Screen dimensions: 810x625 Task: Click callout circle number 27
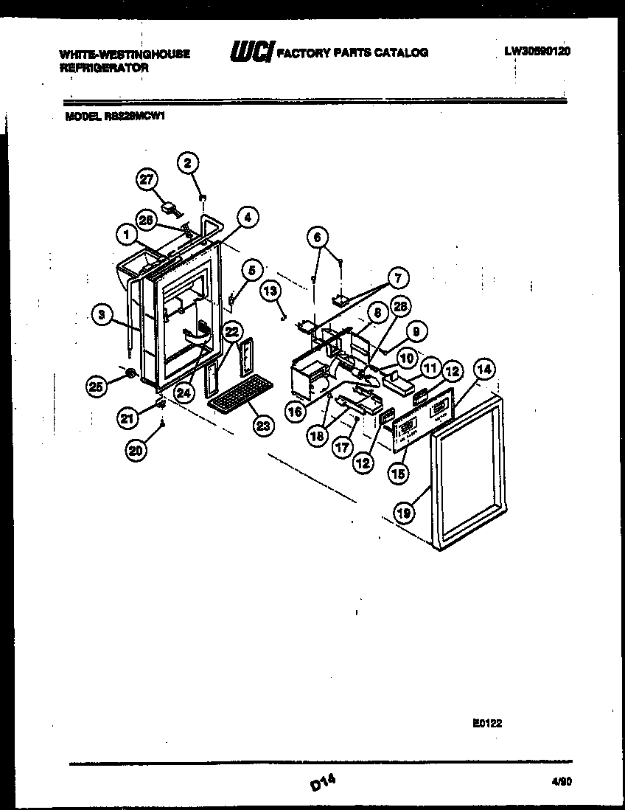point(147,179)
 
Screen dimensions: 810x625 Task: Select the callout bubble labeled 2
point(188,162)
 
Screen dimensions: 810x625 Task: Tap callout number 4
point(248,217)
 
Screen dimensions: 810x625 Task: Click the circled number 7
point(398,278)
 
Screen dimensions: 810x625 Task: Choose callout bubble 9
point(415,333)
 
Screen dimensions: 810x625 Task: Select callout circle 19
point(403,513)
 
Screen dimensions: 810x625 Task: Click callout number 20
point(136,451)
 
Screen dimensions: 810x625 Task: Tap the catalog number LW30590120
point(537,52)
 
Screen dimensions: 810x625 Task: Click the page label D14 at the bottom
point(322,781)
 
